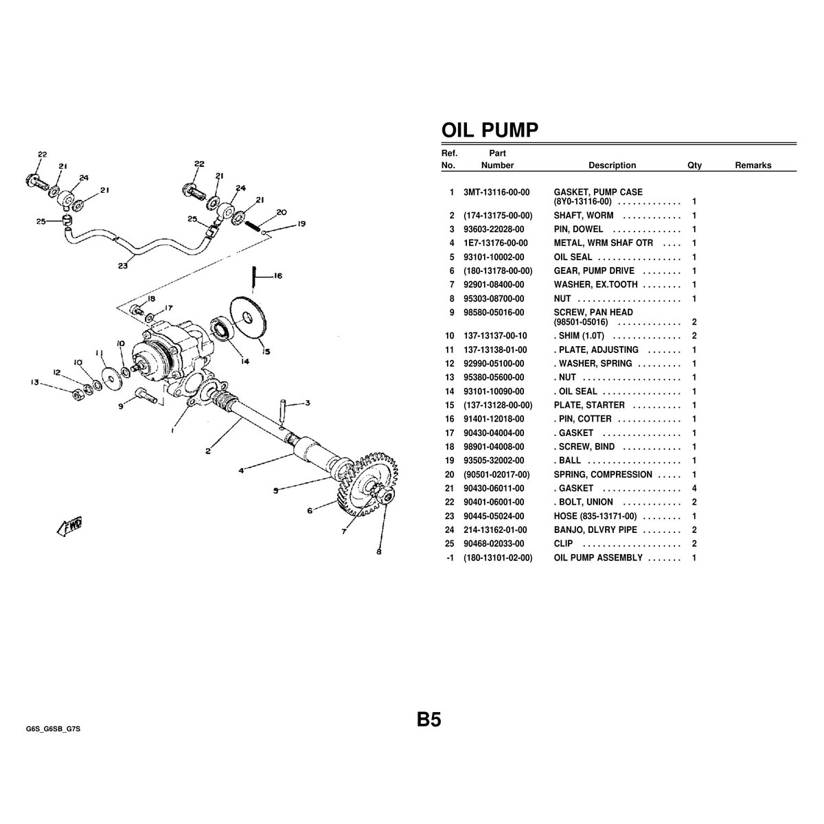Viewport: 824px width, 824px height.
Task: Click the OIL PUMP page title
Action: coord(490,130)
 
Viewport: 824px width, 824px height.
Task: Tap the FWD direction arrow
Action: coord(70,526)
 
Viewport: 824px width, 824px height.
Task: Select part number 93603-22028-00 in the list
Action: coord(494,229)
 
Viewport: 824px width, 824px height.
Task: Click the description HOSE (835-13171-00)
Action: coord(595,516)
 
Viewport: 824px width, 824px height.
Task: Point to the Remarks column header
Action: coord(753,165)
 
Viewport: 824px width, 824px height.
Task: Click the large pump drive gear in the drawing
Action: coord(369,485)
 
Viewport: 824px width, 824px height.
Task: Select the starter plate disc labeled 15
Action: coord(248,318)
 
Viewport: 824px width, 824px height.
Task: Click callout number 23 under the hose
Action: coord(123,266)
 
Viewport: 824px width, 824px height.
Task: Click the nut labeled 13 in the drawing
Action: coord(78,395)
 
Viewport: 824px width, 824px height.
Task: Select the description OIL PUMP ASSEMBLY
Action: coord(598,558)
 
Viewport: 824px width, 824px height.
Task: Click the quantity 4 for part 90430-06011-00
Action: coord(694,488)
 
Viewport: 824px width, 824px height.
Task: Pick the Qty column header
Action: coord(694,165)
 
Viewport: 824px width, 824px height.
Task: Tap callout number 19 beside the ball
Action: coord(301,224)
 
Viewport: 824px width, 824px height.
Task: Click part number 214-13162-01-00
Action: coord(495,530)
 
